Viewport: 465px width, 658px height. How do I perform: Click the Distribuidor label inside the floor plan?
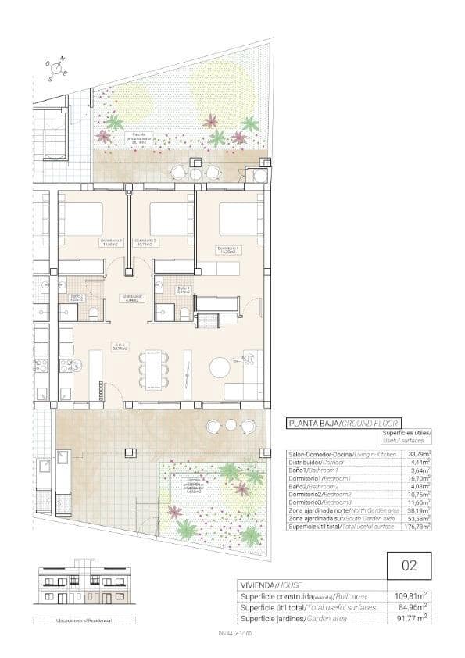pyautogui.click(x=131, y=297)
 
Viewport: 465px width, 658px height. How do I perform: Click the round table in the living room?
pyautogui.click(x=220, y=367)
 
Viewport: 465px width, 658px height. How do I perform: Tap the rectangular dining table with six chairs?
pyautogui.click(x=152, y=370)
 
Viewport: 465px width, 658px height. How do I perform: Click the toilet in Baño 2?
pyautogui.click(x=93, y=313)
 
